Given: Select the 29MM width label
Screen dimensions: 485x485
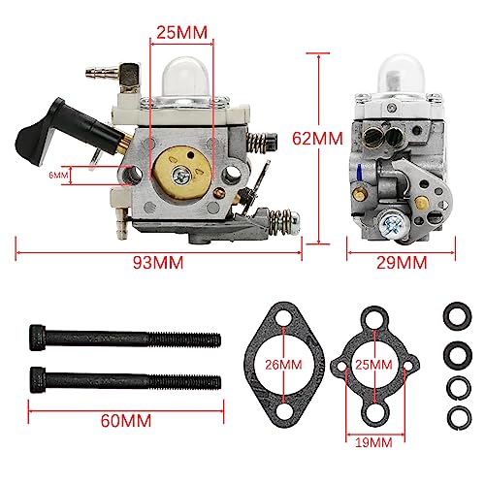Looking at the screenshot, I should (x=400, y=262).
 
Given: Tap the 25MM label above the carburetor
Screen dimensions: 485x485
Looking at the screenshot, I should (x=181, y=32).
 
